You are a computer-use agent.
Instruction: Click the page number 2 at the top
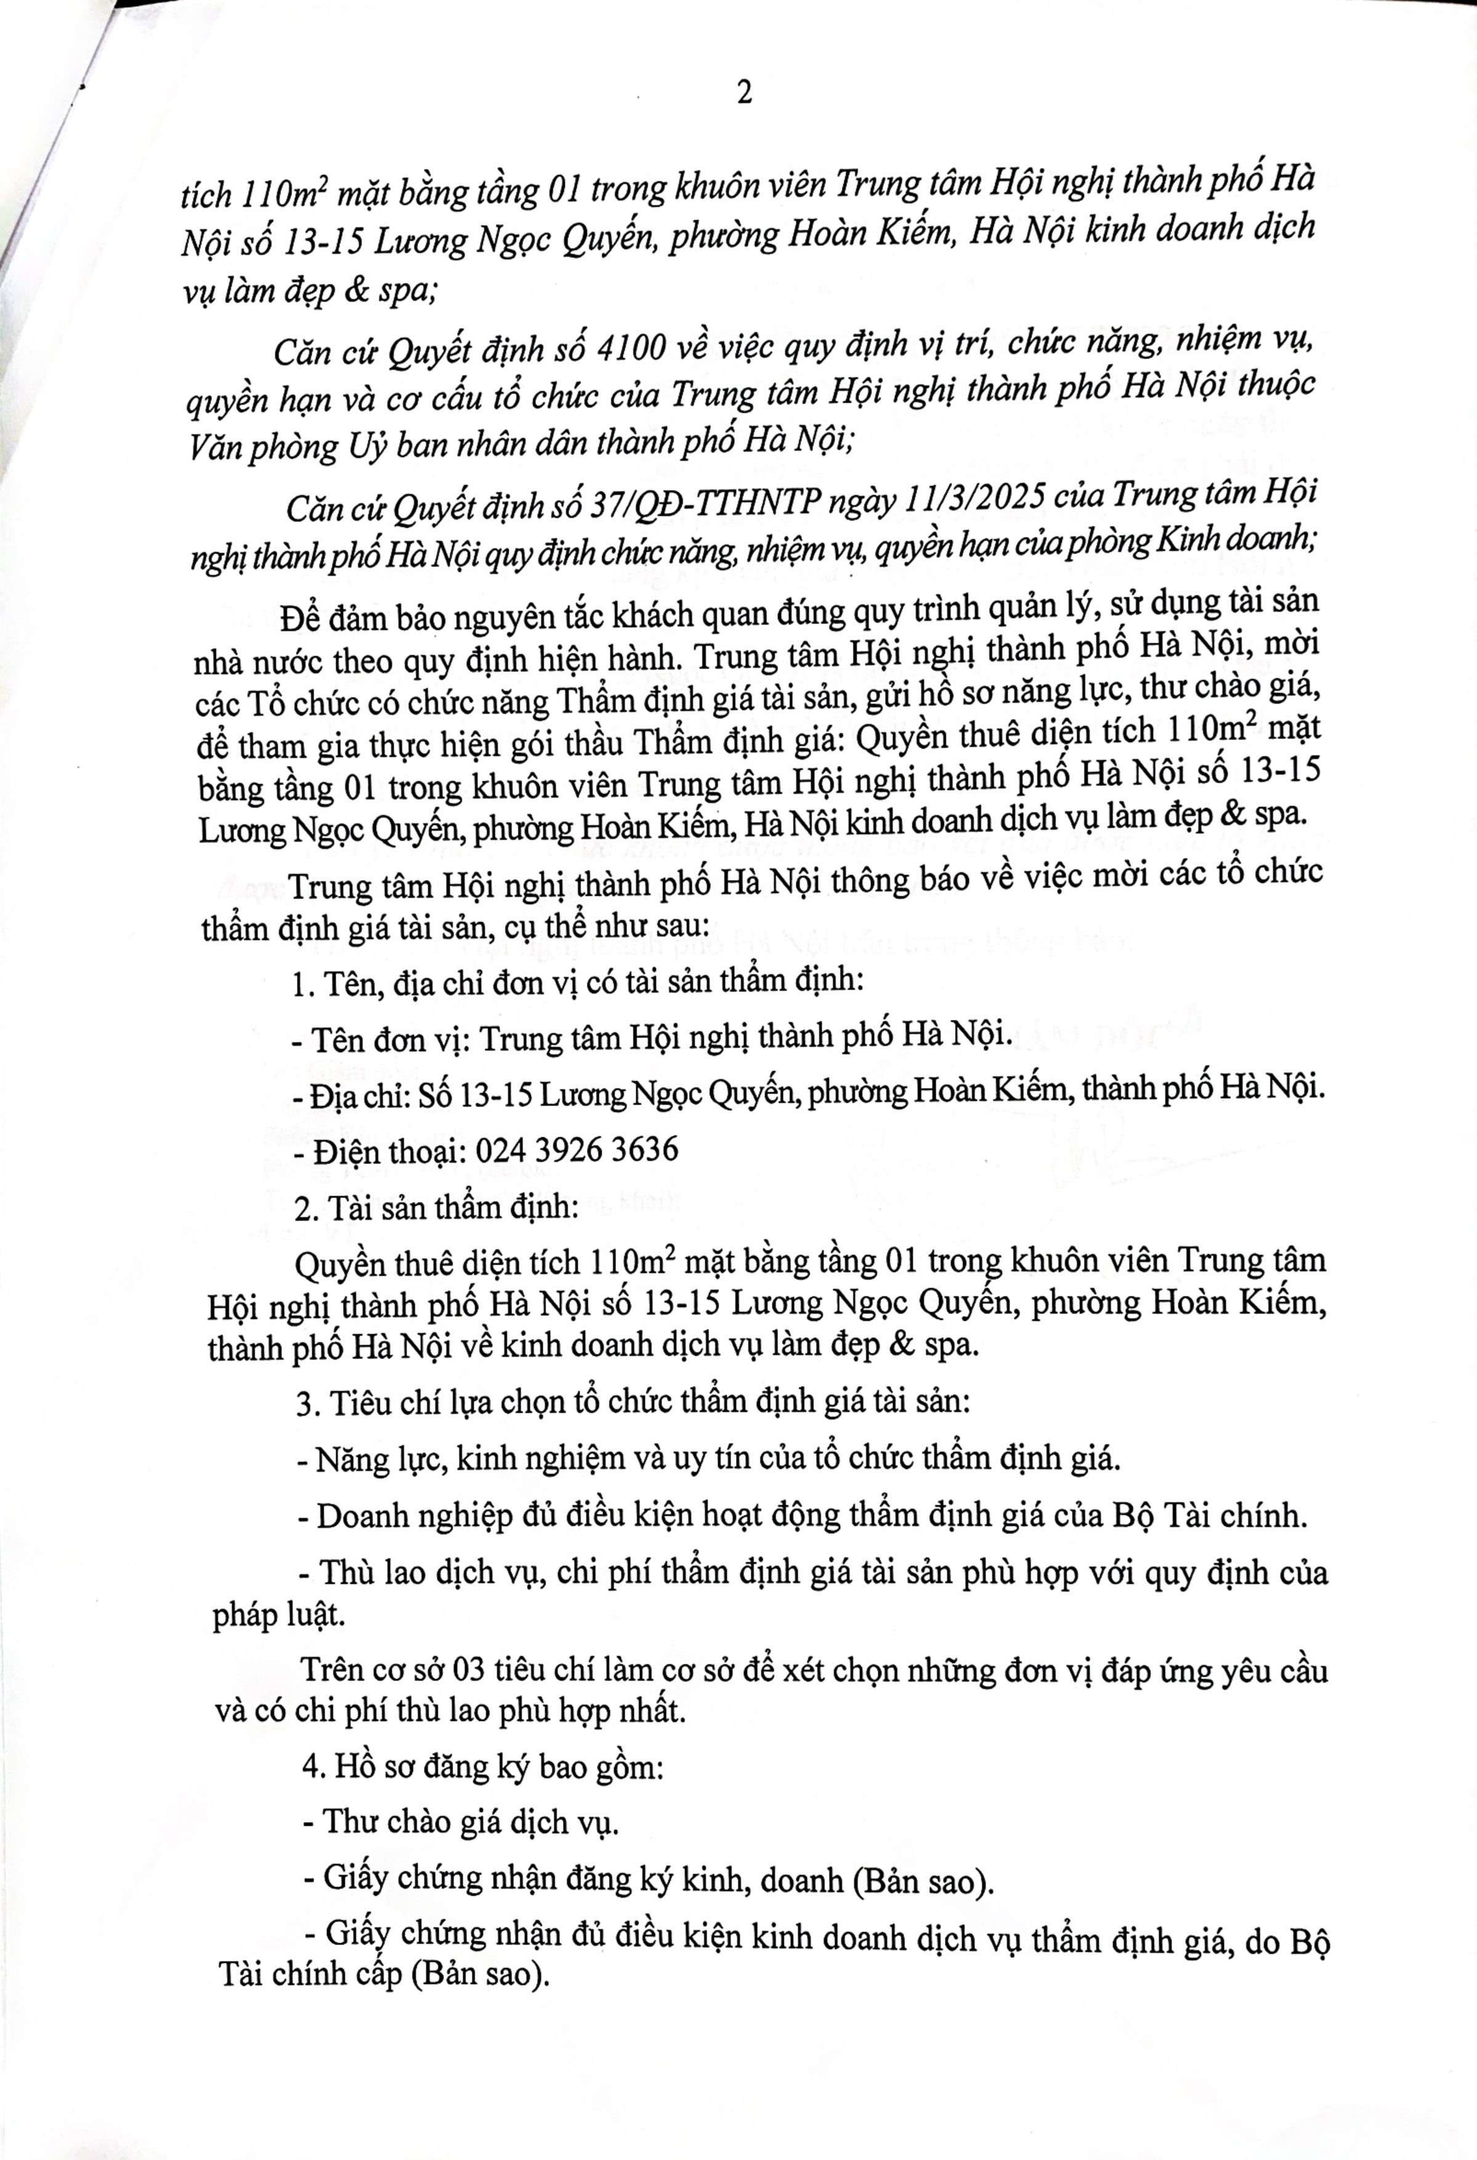pyautogui.click(x=743, y=93)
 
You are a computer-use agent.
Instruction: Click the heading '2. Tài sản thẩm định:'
pyautogui.click(x=437, y=1208)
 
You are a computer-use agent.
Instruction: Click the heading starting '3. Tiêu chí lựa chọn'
pyautogui.click(x=632, y=1401)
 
